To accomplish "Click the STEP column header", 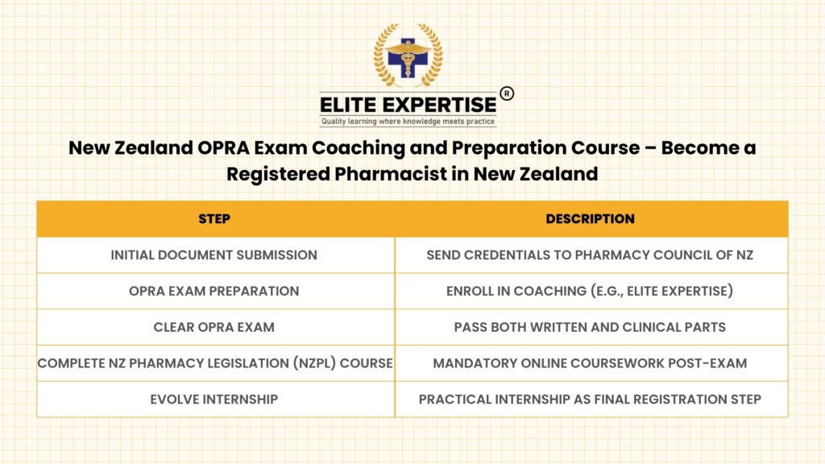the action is point(214,219).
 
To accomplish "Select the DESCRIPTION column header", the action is point(590,219).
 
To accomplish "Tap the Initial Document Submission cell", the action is point(214,255).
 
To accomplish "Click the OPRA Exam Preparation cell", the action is point(214,291).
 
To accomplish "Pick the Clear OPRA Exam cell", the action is point(214,327).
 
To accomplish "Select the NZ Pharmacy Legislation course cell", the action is point(215,363).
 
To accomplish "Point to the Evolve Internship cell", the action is point(214,400).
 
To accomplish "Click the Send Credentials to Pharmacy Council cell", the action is point(590,255).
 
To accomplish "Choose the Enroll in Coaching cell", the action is point(590,291).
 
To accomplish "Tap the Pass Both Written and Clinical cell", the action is point(590,327).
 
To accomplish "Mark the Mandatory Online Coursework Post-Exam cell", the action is point(590,363).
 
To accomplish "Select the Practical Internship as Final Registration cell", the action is point(590,400).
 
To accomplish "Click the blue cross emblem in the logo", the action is point(408,58).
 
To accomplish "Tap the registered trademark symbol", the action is point(507,93).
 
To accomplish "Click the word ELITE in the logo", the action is point(347,105).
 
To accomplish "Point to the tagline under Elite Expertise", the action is point(408,122).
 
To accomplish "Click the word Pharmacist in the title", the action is point(391,174).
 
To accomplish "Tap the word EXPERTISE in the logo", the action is point(439,105).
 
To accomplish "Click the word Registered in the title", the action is point(278,174).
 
